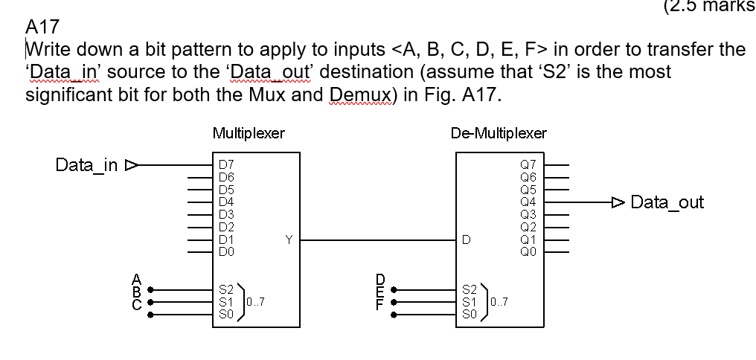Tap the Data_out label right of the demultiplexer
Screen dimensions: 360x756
coord(667,202)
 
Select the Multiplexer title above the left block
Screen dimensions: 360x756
coord(248,133)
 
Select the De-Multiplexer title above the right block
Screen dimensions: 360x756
coord(499,133)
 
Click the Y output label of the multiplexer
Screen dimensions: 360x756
coord(289,240)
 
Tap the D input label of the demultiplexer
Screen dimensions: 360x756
coord(466,240)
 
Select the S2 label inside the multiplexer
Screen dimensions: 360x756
coord(226,289)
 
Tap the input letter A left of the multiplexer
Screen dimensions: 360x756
coord(136,280)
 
